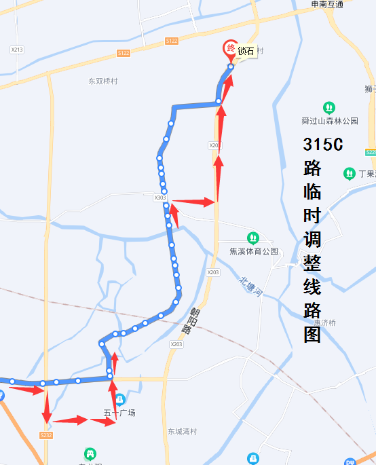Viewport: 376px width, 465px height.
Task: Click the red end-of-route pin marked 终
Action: pyautogui.click(x=231, y=49)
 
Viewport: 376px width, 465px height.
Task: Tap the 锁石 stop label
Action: pyautogui.click(x=246, y=51)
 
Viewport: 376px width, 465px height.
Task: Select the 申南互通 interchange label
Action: pyautogui.click(x=327, y=5)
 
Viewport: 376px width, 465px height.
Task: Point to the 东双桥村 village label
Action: pyautogui.click(x=103, y=81)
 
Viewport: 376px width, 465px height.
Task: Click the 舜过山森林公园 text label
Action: pyautogui.click(x=329, y=121)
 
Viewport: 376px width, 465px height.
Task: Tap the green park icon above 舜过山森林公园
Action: pyautogui.click(x=329, y=108)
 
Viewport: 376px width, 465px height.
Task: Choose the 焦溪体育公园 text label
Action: pyautogui.click(x=254, y=251)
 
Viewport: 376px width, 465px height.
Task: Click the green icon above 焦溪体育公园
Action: pyautogui.click(x=253, y=238)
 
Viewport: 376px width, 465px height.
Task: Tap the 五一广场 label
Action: pyautogui.click(x=119, y=413)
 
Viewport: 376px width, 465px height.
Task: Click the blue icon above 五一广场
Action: pyautogui.click(x=119, y=399)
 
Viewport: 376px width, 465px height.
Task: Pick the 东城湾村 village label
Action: pyautogui.click(x=182, y=431)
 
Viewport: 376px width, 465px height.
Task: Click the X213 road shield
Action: pyautogui.click(x=17, y=50)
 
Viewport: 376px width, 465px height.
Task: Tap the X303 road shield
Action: pyautogui.click(x=160, y=198)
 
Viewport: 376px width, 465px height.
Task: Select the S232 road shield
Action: pyautogui.click(x=46, y=435)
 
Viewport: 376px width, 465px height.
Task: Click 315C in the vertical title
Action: pyautogui.click(x=323, y=145)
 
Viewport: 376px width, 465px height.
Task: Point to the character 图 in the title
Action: pyautogui.click(x=312, y=335)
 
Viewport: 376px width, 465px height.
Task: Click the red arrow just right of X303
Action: pyautogui.click(x=193, y=202)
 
